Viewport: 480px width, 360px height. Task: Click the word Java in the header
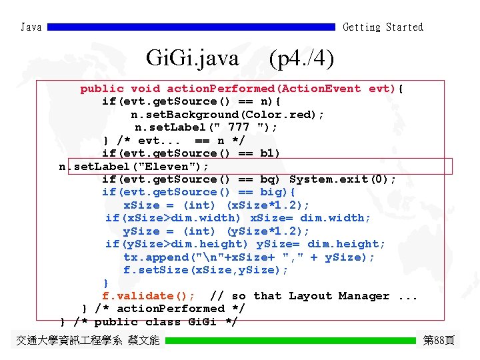click(x=31, y=27)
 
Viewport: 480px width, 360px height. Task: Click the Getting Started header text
click(x=383, y=27)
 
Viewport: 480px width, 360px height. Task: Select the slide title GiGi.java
click(x=192, y=59)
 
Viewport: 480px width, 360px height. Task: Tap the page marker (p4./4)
click(x=301, y=59)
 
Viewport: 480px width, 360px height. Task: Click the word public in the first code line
click(x=102, y=89)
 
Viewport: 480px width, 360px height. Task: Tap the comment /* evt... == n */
click(x=181, y=141)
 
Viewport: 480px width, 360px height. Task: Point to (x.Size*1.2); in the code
click(x=267, y=205)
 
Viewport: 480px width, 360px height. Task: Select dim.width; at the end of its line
click(x=335, y=218)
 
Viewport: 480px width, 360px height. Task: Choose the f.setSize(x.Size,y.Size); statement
click(x=205, y=270)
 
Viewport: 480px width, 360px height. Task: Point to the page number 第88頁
click(x=439, y=341)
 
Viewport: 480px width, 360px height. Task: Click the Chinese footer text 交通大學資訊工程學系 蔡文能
click(x=87, y=341)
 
